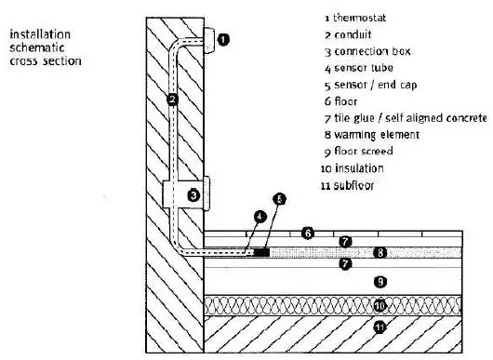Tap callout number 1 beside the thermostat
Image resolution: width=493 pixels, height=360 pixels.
pos(221,39)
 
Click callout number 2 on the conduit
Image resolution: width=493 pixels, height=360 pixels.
pos(172,99)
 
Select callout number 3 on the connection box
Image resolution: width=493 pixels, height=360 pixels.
pos(193,195)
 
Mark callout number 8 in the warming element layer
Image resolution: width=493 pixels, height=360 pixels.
pos(379,252)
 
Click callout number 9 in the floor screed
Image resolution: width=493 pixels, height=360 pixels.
pos(379,281)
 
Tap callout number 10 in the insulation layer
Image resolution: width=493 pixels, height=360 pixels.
pos(379,304)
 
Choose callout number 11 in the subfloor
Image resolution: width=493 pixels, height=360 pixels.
pos(379,327)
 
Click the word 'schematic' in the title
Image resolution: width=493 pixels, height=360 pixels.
pos(33,48)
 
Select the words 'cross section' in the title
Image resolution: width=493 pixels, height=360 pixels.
pos(43,61)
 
